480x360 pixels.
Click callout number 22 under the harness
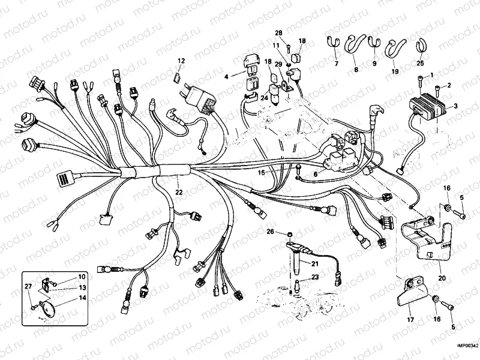179,192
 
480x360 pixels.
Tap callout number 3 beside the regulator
456,106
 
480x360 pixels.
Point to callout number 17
410,320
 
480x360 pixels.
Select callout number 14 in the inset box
82,298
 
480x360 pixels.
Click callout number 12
181,60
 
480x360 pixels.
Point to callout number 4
227,77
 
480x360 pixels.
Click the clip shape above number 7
335,43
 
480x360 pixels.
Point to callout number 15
261,172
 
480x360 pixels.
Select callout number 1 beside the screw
431,74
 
